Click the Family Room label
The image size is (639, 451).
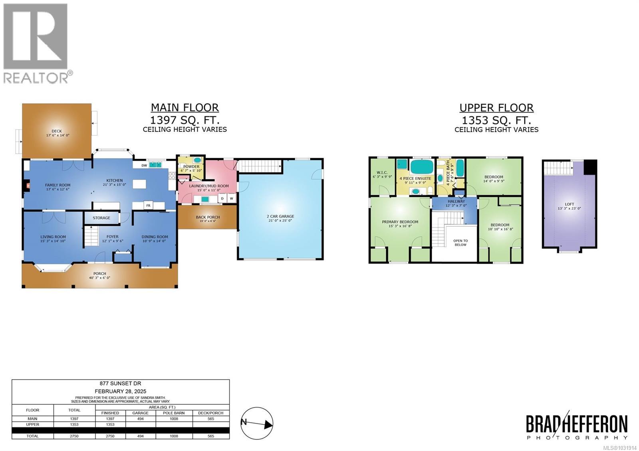click(x=58, y=185)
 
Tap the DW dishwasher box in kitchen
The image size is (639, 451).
click(x=144, y=165)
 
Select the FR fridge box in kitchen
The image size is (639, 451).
click(x=148, y=206)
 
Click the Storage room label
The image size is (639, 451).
click(x=101, y=218)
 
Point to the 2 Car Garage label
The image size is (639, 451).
click(x=280, y=216)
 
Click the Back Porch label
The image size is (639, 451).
click(x=208, y=217)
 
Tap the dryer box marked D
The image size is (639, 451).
click(x=222, y=198)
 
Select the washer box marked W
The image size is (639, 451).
click(x=231, y=198)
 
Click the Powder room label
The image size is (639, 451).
click(x=191, y=166)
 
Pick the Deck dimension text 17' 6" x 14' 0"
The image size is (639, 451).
click(x=58, y=135)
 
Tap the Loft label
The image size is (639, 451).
click(x=569, y=204)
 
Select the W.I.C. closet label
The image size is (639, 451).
click(x=382, y=172)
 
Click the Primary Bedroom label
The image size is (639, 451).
click(x=400, y=222)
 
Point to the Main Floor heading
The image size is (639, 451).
click(x=185, y=108)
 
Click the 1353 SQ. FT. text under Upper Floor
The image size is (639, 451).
click(x=496, y=120)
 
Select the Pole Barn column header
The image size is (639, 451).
click(x=174, y=413)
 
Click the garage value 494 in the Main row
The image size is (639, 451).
click(x=140, y=419)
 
